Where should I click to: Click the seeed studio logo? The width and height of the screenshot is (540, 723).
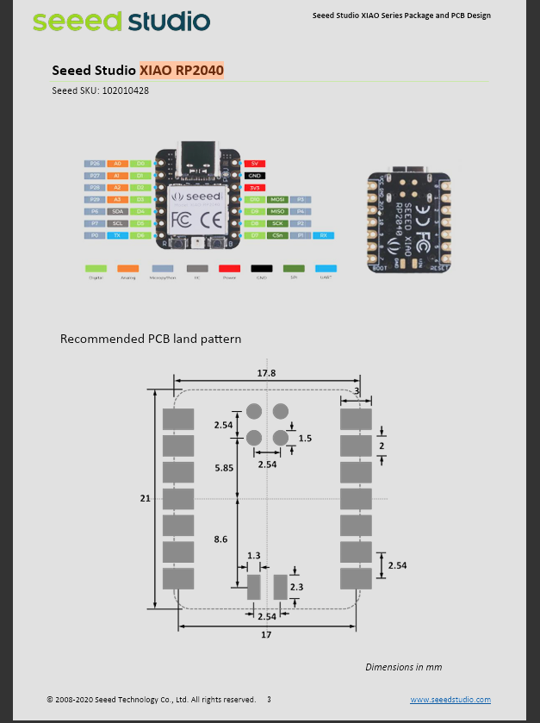[121, 20]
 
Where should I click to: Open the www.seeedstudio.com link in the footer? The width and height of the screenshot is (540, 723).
[450, 700]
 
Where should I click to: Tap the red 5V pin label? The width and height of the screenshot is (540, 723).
[254, 163]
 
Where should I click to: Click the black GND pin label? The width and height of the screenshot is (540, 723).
[254, 175]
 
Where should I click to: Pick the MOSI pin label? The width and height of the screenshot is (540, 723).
[277, 199]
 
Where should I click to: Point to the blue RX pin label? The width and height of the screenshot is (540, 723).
[323, 235]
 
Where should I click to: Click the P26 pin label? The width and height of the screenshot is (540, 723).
[95, 163]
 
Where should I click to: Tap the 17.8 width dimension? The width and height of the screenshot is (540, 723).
[267, 373]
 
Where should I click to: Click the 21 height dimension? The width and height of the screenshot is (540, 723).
[144, 497]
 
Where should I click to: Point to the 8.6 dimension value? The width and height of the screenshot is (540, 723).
[221, 539]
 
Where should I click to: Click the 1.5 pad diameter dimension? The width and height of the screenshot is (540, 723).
[304, 438]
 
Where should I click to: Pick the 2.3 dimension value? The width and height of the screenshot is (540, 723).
[297, 586]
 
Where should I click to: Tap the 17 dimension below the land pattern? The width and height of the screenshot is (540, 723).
[266, 635]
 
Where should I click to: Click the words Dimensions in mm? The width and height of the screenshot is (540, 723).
[403, 666]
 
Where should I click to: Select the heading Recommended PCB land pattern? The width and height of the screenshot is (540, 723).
[151, 339]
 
